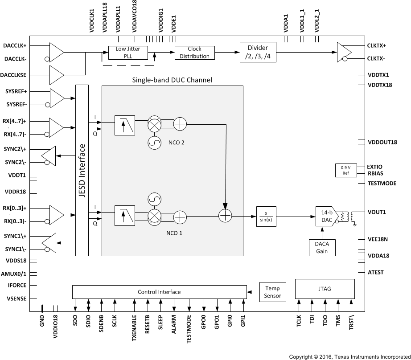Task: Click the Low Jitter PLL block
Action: [x=127, y=53]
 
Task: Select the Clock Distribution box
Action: [x=194, y=53]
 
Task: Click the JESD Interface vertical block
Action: [x=82, y=170]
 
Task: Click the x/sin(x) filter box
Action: [x=266, y=217]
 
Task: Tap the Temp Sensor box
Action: [x=272, y=292]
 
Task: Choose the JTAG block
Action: [x=325, y=289]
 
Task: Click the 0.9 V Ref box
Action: [x=346, y=171]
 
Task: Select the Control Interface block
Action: [x=159, y=292]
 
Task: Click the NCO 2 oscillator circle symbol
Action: [x=154, y=143]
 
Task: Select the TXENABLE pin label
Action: [x=134, y=329]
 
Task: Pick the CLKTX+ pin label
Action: [x=377, y=45]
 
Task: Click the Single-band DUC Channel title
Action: [x=172, y=80]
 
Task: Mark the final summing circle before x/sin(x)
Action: [x=226, y=217]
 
